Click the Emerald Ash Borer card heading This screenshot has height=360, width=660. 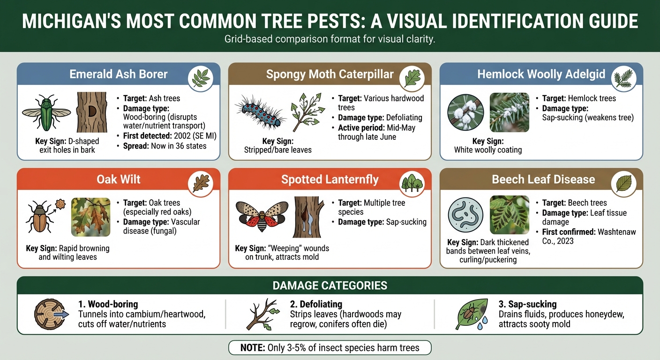[x=118, y=74]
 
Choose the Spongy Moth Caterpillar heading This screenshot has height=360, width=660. [x=330, y=74]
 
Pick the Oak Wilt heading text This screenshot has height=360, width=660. [x=118, y=180]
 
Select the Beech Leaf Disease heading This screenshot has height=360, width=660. [x=543, y=180]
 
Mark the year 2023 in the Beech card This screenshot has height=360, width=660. [x=564, y=241]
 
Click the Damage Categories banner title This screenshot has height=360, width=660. [x=330, y=285]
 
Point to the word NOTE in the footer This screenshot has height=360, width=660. [x=253, y=348]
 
